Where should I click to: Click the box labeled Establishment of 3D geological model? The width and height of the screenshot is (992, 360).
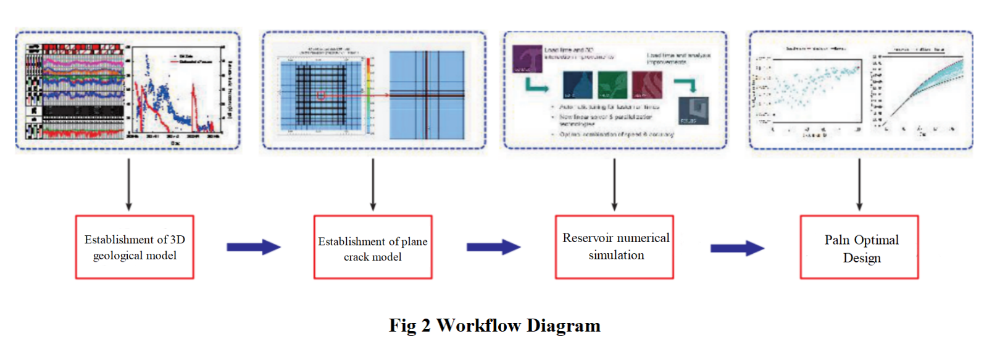[x=135, y=247]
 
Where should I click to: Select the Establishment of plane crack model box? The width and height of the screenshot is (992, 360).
[x=372, y=247]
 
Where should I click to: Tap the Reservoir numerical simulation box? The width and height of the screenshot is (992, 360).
[x=614, y=247]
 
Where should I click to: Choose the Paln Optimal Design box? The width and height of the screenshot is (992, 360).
[x=859, y=247]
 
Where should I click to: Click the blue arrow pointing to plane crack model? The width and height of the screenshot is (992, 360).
[x=253, y=248]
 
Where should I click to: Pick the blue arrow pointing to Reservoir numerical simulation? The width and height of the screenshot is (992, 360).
[x=493, y=248]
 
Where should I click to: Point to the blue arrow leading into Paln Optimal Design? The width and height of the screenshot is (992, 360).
[x=737, y=248]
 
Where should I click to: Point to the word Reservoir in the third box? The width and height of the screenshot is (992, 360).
[x=587, y=238]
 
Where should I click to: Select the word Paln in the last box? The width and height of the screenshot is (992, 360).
[x=836, y=240]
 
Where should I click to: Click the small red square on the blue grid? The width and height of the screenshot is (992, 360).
[x=321, y=95]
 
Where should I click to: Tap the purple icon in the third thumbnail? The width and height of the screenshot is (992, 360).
[x=527, y=59]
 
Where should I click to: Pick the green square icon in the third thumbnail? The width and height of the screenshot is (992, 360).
[x=612, y=85]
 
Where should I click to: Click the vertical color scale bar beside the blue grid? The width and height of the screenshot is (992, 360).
[x=370, y=93]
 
